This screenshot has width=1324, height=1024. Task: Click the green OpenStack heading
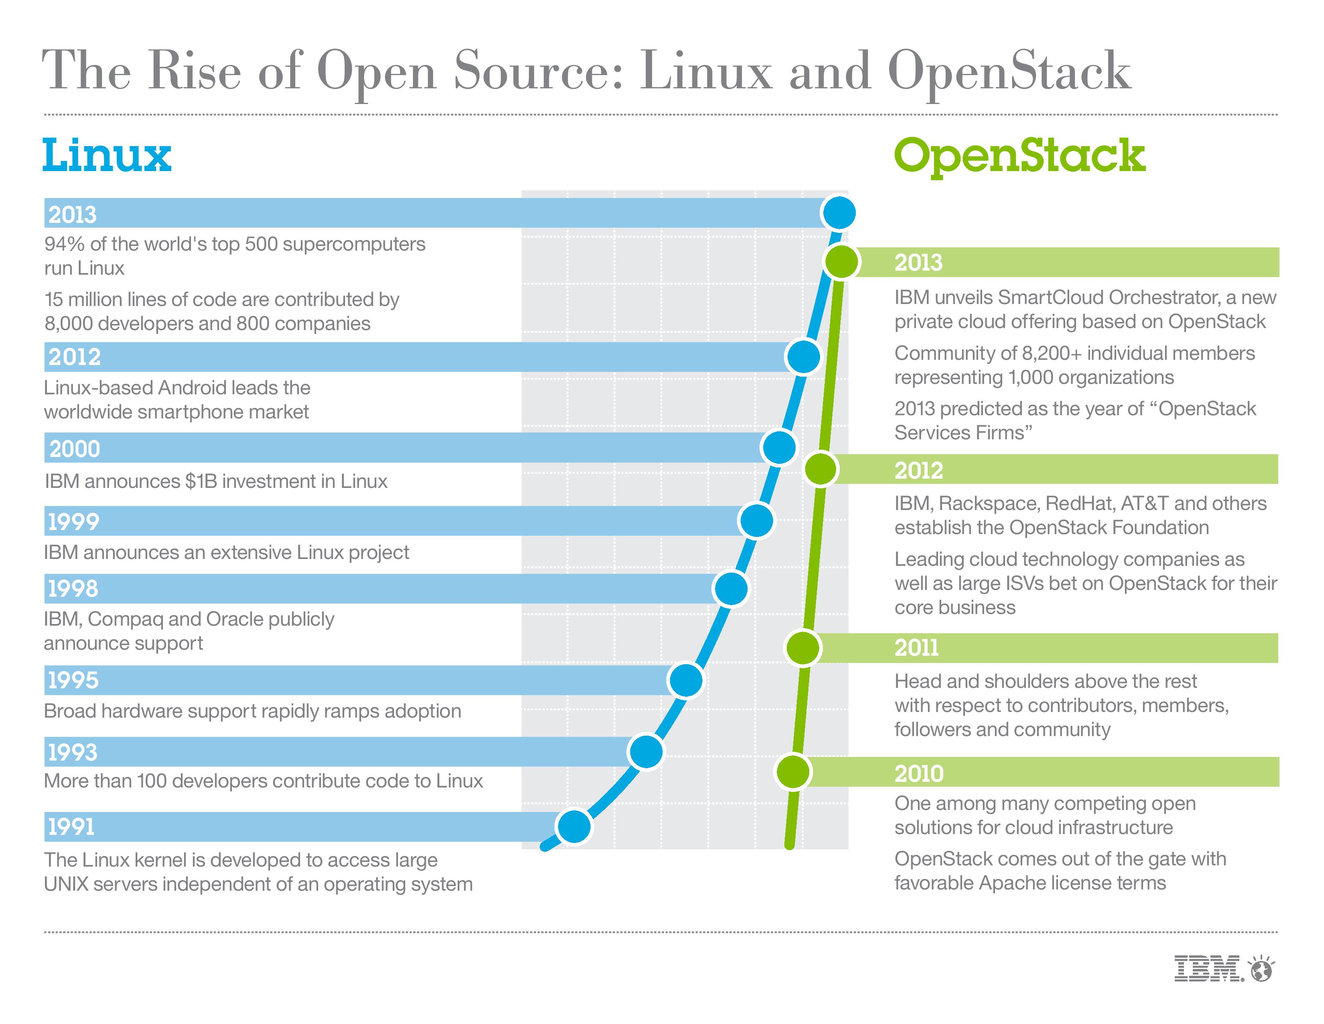[x=1019, y=156]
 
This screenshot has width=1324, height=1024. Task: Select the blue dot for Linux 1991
[x=573, y=826]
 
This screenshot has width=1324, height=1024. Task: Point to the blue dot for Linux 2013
[x=839, y=213]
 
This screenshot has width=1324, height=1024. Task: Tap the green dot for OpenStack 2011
[x=803, y=648]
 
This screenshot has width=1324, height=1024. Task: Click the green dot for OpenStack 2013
[x=841, y=262]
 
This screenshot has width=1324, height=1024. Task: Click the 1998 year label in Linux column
[x=73, y=588]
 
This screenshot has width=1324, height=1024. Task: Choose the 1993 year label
[x=73, y=752]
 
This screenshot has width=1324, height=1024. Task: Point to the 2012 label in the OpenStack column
[x=918, y=470]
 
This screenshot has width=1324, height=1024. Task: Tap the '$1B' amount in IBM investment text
[x=199, y=481]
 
